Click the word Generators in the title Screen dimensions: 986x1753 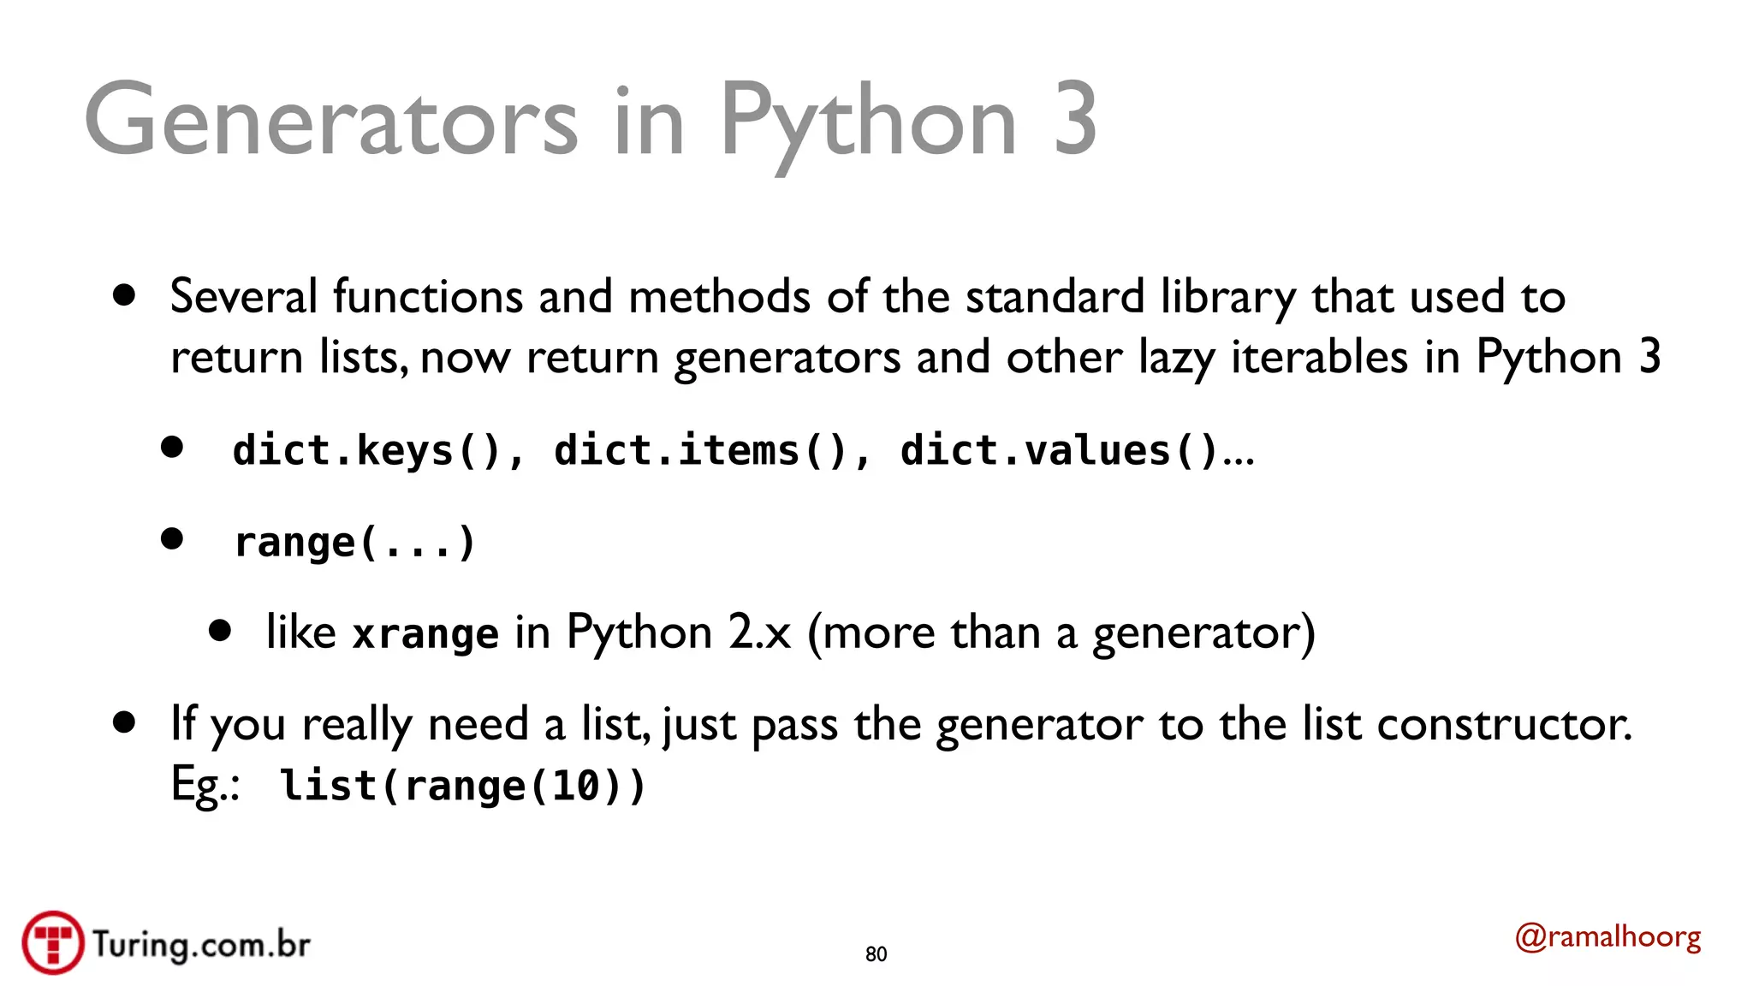pos(330,120)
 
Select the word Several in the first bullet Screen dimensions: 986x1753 pos(244,297)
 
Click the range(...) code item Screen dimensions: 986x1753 pos(354,543)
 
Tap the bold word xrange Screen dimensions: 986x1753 pos(425,634)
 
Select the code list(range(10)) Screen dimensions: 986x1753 pos(463,786)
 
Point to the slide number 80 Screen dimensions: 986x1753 pos(876,954)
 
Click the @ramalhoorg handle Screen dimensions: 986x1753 pos(1607,937)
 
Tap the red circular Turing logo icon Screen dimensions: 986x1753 pos(53,942)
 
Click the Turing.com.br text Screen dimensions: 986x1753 pos(201,944)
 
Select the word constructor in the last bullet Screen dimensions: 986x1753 pos(1503,724)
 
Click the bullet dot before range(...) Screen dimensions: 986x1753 pos(172,538)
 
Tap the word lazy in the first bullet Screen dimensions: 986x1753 pos(1177,357)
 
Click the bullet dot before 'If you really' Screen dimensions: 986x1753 pos(124,722)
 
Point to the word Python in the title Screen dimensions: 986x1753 pos(868,120)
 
